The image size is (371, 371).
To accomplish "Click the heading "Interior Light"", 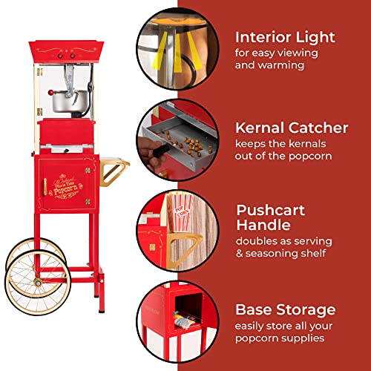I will pos(285,36).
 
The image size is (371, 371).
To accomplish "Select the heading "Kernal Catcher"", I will pos(292,128).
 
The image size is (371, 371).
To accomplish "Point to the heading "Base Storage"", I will pos(285,309).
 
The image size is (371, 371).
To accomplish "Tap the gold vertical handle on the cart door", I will pos(45,187).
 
